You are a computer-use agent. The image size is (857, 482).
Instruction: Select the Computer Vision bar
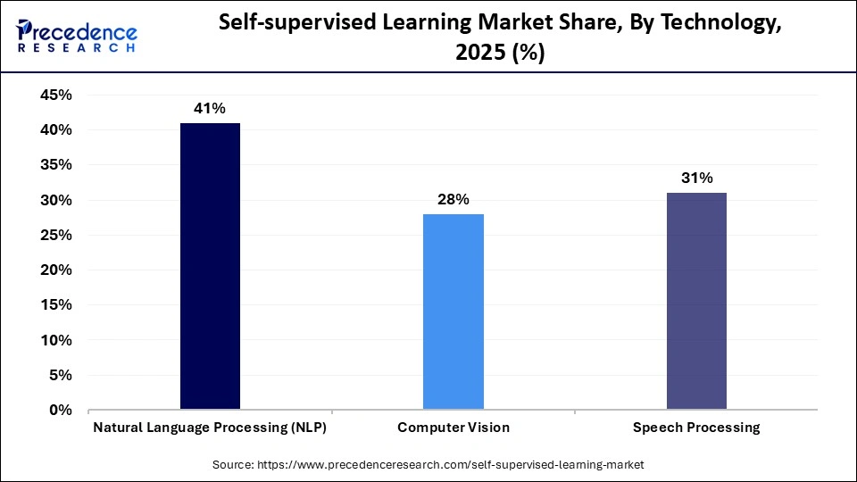(x=453, y=312)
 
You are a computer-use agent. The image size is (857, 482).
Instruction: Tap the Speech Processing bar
(x=696, y=301)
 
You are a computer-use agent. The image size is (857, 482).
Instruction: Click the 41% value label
(x=210, y=108)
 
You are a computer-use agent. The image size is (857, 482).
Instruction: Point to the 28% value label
(x=453, y=199)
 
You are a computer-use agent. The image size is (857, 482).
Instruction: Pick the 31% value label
(x=696, y=178)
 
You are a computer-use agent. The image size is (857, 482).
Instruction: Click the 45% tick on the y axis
(x=55, y=96)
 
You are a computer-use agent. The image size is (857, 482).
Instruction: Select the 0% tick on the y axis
(x=61, y=411)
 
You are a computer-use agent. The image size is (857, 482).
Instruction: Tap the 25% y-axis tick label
(x=55, y=236)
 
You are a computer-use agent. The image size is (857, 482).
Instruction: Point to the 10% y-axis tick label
(x=55, y=341)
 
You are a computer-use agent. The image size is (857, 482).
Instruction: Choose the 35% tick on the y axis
(x=55, y=166)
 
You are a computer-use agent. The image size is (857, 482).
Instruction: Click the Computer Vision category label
(x=453, y=428)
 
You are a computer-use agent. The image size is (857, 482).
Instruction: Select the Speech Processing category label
(x=696, y=428)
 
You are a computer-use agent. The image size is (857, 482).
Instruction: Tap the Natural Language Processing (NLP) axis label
(x=210, y=428)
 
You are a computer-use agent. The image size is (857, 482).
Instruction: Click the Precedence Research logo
(x=77, y=36)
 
